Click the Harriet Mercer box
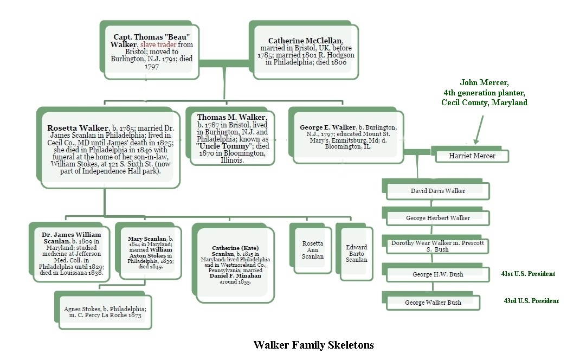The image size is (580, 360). (x=472, y=156)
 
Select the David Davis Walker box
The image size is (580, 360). (x=438, y=191)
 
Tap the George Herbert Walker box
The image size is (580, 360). (x=438, y=218)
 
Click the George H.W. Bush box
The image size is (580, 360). (x=438, y=274)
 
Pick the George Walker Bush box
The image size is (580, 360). (x=433, y=303)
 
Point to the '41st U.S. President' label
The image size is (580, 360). (x=528, y=274)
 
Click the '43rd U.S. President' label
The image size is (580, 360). (x=531, y=301)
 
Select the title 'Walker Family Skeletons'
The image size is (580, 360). (x=313, y=345)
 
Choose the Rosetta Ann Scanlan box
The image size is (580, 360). (x=313, y=250)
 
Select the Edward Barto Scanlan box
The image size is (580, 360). (x=356, y=253)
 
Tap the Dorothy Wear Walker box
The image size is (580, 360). (x=438, y=246)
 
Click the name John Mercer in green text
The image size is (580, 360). (x=484, y=83)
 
